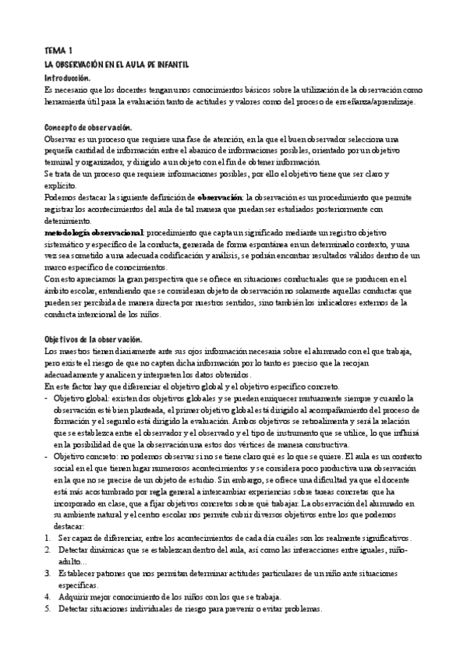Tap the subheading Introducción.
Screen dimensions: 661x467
(x=68, y=78)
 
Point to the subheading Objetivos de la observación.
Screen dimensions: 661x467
(x=93, y=340)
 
